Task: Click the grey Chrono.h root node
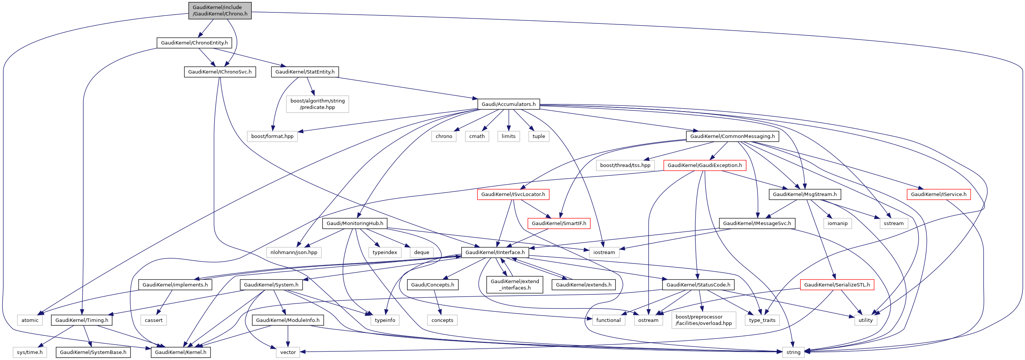click(220, 10)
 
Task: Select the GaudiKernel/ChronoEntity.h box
click(194, 43)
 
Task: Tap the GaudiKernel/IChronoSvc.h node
click(220, 72)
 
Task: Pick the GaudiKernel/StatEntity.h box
click(305, 72)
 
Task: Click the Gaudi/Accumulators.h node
click(509, 104)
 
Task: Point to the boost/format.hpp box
click(272, 136)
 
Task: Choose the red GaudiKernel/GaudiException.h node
click(704, 165)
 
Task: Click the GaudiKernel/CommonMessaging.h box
click(732, 136)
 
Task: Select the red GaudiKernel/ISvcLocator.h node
click(513, 194)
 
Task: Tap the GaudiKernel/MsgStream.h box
click(805, 194)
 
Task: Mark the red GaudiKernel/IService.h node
click(938, 194)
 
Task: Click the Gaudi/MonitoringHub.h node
click(355, 223)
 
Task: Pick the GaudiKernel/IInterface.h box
click(495, 252)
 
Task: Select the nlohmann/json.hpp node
click(294, 252)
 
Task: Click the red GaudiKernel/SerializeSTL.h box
click(837, 285)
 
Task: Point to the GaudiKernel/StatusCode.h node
click(698, 285)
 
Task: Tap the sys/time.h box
click(30, 352)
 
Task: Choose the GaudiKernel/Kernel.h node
click(181, 352)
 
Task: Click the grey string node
click(793, 352)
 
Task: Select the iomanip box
click(837, 223)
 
